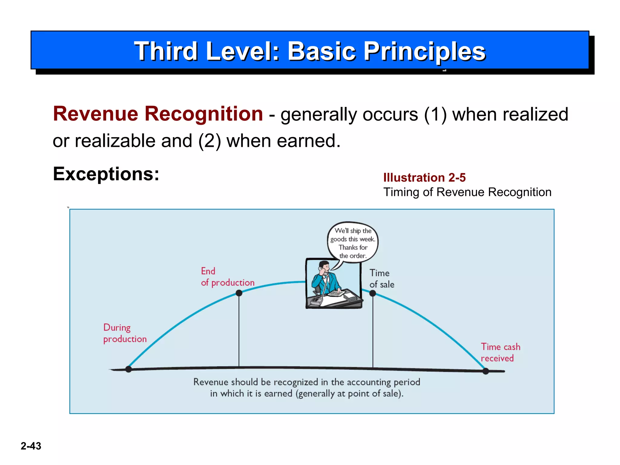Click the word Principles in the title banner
click(424, 51)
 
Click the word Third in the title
click(166, 51)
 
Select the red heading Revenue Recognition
click(158, 114)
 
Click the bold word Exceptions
click(106, 174)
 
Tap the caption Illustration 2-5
click(424, 178)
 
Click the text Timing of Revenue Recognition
click(467, 192)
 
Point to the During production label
click(124, 333)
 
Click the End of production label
click(227, 277)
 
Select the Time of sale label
click(381, 279)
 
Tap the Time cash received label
click(500, 352)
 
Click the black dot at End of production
click(239, 293)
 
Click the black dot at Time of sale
click(373, 293)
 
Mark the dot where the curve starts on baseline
click(128, 369)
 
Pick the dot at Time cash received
click(486, 371)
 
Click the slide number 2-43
click(31, 446)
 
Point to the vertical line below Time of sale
click(373, 333)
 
